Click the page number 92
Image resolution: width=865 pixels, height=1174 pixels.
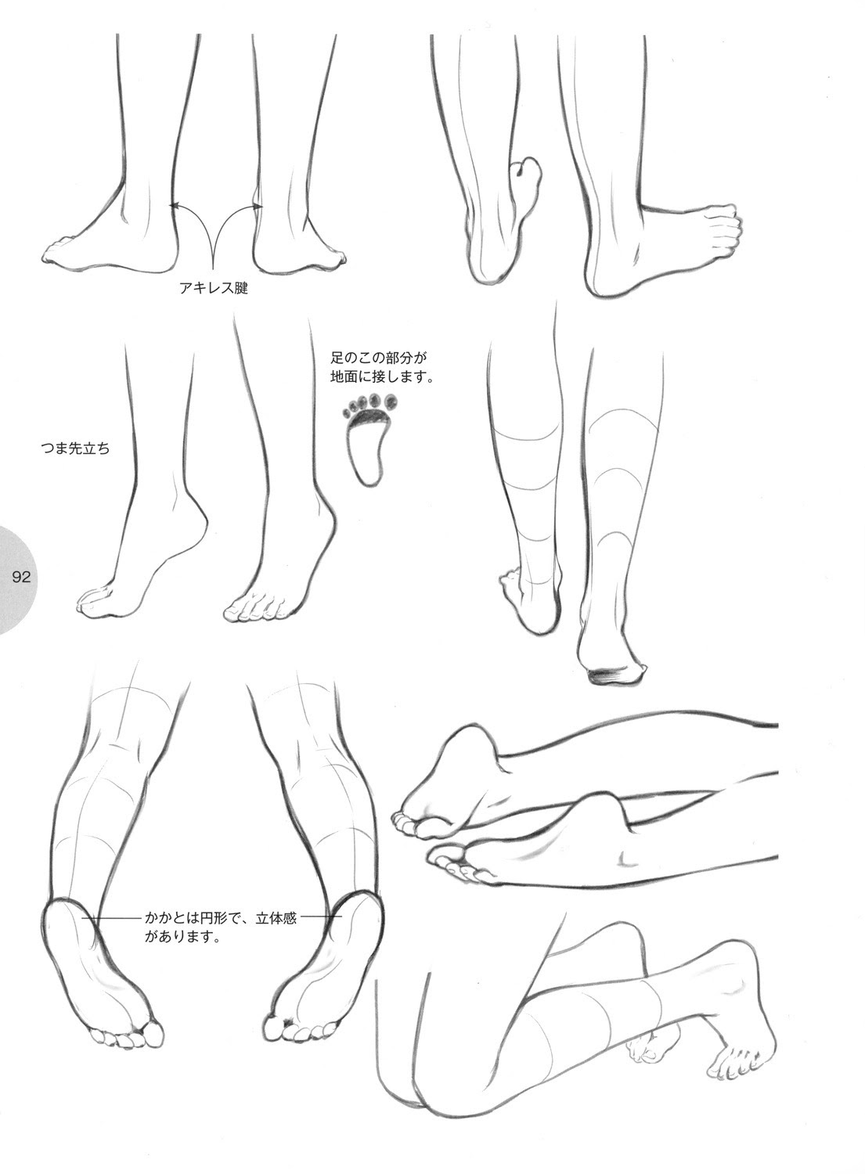(21, 577)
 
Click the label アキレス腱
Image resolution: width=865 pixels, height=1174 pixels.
(214, 288)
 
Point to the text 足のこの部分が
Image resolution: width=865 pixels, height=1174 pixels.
(379, 358)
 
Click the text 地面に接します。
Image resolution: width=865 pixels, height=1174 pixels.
(382, 376)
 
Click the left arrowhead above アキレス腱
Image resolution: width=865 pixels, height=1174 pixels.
(174, 205)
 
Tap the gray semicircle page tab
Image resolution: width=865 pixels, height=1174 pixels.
(18, 578)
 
